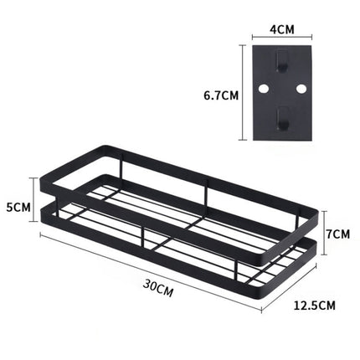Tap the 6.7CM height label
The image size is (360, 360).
pos(221,95)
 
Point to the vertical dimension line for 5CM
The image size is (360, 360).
pos(36,205)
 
